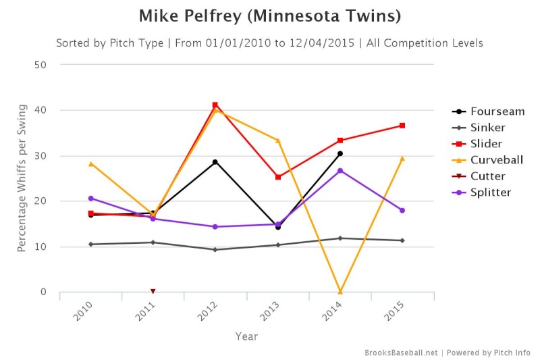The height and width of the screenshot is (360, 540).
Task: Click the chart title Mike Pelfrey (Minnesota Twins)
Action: pyautogui.click(x=270, y=16)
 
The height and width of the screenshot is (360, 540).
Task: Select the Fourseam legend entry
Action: pyautogui.click(x=488, y=111)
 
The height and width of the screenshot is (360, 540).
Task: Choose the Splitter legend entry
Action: pyautogui.click(x=481, y=192)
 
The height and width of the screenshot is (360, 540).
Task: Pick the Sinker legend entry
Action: pyautogui.click(x=479, y=128)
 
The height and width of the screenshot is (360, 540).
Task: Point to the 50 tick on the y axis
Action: pyautogui.click(x=40, y=65)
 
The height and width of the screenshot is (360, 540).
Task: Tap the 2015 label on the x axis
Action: pyautogui.click(x=394, y=311)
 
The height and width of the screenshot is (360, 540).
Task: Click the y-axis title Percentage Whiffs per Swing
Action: pyautogui.click(x=22, y=178)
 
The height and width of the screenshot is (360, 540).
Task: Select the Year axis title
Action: pyautogui.click(x=246, y=336)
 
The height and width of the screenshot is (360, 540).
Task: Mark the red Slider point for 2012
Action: pyautogui.click(x=215, y=105)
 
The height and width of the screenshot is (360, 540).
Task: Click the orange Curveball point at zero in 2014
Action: pyautogui.click(x=340, y=292)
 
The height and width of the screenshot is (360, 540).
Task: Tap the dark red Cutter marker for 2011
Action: pyautogui.click(x=153, y=292)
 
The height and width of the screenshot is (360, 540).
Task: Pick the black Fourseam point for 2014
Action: pyautogui.click(x=340, y=153)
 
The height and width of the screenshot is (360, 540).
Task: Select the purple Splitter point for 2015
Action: pyautogui.click(x=402, y=211)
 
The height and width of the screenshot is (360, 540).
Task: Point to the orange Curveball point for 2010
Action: pyautogui.click(x=91, y=164)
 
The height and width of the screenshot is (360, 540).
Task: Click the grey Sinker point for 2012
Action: pyautogui.click(x=215, y=250)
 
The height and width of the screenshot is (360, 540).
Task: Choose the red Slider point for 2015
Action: pyautogui.click(x=402, y=126)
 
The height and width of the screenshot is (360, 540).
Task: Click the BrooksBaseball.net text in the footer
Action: pyautogui.click(x=401, y=353)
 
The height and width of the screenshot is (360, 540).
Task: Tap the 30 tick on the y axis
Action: pyautogui.click(x=40, y=156)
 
